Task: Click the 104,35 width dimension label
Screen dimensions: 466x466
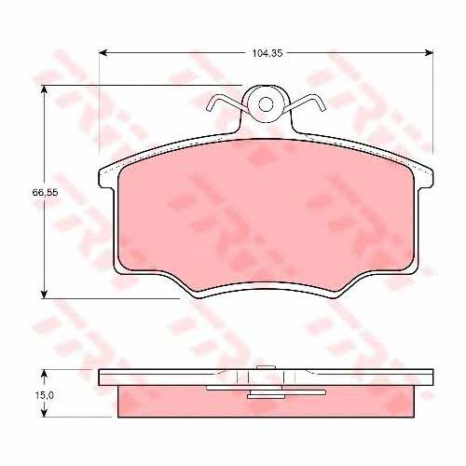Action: pos(267,53)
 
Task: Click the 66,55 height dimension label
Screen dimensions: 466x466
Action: pos(45,193)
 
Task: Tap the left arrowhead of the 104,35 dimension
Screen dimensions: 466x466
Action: pos(103,53)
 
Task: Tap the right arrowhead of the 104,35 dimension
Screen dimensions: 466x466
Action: pos(429,53)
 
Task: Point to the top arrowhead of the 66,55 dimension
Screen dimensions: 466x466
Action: pos(45,89)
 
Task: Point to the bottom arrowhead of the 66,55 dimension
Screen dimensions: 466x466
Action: pos(45,294)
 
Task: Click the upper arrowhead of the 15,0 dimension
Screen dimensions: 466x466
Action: pos(45,374)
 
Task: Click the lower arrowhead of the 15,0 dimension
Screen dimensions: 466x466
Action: pos(45,413)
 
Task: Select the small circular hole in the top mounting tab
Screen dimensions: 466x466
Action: pos(266,104)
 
